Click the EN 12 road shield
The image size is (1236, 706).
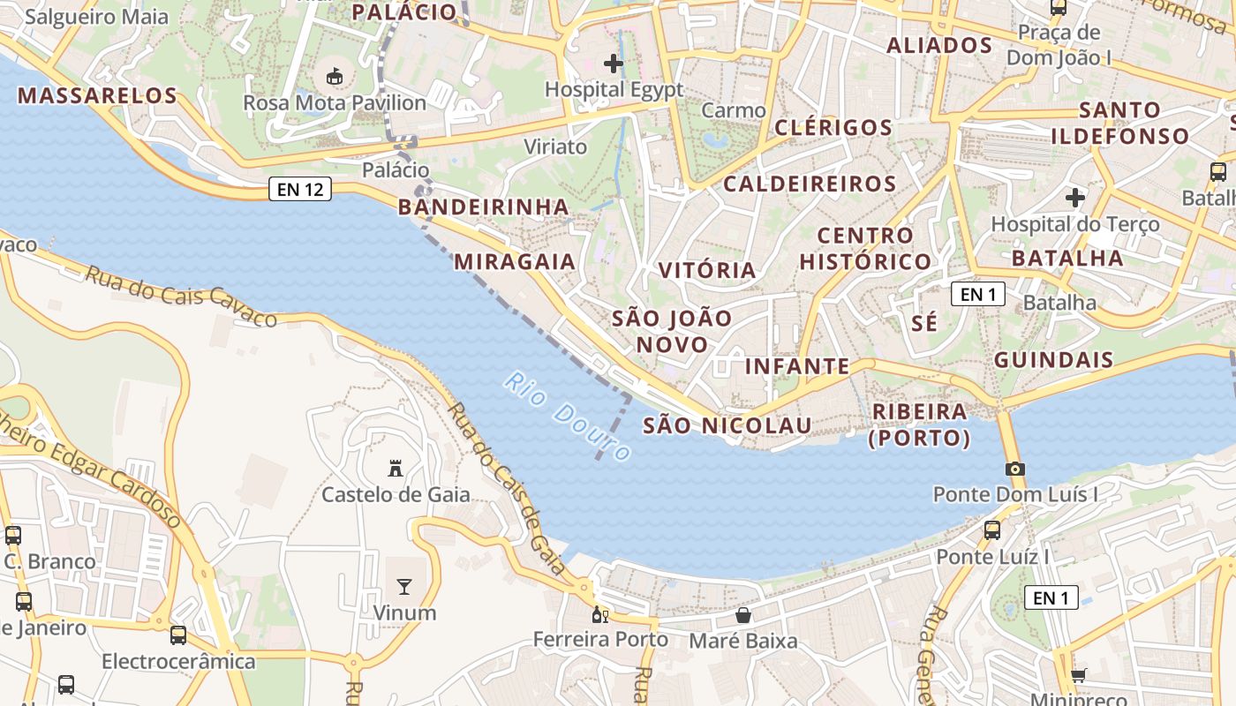(x=300, y=189)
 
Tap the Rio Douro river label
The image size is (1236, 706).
(x=568, y=416)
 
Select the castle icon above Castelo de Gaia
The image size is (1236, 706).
(x=396, y=469)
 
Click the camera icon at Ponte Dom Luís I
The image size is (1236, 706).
(x=1015, y=469)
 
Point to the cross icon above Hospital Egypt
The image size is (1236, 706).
(x=614, y=64)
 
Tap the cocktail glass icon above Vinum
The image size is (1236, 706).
(x=404, y=587)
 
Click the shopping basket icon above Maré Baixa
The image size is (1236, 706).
(x=743, y=615)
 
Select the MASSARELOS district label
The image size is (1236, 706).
(x=97, y=95)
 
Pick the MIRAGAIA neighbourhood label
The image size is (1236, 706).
(x=515, y=261)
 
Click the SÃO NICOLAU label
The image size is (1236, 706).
(x=727, y=425)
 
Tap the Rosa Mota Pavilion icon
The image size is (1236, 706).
(x=335, y=77)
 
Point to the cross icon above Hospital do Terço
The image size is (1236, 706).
(x=1075, y=198)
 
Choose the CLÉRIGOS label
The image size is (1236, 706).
(x=833, y=127)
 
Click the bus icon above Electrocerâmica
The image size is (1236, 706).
(x=178, y=635)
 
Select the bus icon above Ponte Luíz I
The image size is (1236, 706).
(x=992, y=530)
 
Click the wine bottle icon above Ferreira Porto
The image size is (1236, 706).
(x=600, y=614)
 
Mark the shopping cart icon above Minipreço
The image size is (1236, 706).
(x=1078, y=676)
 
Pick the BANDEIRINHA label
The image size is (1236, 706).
(x=483, y=207)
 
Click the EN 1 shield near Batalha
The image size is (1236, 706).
(x=977, y=294)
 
